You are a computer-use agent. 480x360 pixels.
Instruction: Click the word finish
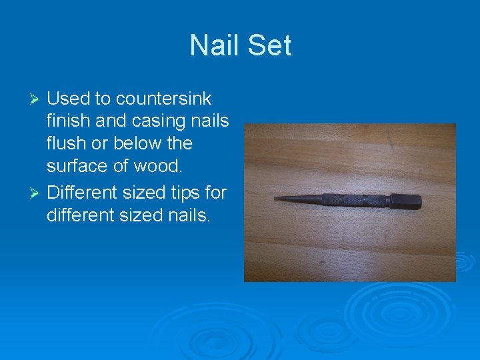pyautogui.click(x=71, y=121)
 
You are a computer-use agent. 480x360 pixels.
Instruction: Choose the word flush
pyautogui.click(x=69, y=143)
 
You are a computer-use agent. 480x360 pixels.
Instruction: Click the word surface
pyautogui.click(x=79, y=165)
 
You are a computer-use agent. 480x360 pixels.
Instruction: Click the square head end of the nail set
pyautogui.click(x=407, y=200)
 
